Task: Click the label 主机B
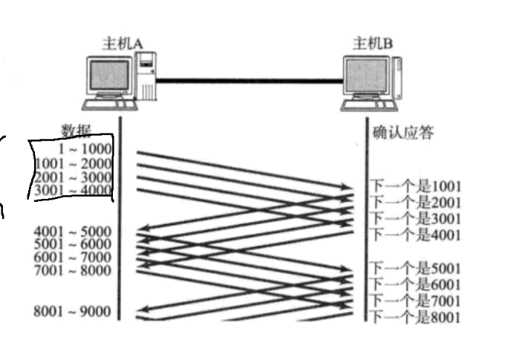pyautogui.click(x=372, y=44)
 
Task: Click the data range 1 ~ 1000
pyautogui.click(x=88, y=149)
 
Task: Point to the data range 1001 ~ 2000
pyautogui.click(x=73, y=163)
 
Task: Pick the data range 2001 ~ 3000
pyautogui.click(x=73, y=177)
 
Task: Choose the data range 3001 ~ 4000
pyautogui.click(x=73, y=192)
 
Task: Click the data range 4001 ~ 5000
pyautogui.click(x=73, y=232)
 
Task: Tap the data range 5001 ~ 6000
pyautogui.click(x=73, y=244)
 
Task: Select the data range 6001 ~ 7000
pyautogui.click(x=73, y=256)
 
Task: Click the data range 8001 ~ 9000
pyautogui.click(x=73, y=312)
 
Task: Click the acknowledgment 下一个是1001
pyautogui.click(x=415, y=186)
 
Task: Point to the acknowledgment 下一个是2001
pyautogui.click(x=415, y=202)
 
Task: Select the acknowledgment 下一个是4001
pyautogui.click(x=415, y=235)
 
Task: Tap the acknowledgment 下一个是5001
pyautogui.click(x=415, y=268)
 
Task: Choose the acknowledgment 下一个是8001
pyautogui.click(x=415, y=317)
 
